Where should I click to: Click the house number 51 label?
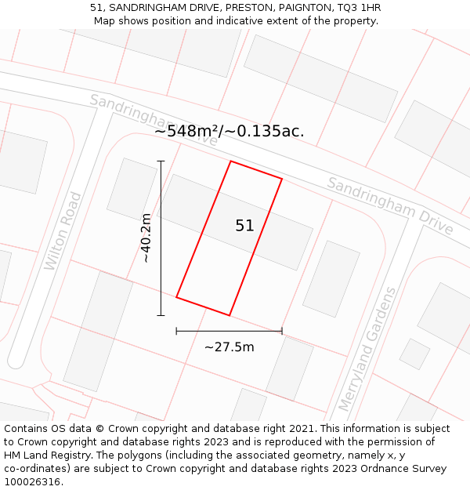(244, 226)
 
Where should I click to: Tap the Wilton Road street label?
(63, 231)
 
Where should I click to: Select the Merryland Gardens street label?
(367, 349)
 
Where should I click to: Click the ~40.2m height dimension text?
(146, 238)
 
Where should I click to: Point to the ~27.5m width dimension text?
(229, 347)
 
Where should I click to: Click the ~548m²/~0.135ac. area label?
(229, 131)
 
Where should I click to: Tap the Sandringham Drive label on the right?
(389, 205)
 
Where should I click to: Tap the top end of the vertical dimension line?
(161, 162)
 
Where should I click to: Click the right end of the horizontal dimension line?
(282, 331)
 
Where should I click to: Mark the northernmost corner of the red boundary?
(231, 162)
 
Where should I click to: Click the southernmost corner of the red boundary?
(229, 315)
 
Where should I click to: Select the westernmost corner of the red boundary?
(176, 297)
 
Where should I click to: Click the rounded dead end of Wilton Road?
(16, 362)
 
